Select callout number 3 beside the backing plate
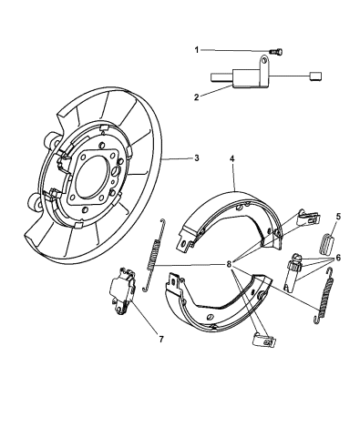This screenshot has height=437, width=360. [196, 158]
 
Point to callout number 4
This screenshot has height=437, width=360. [233, 158]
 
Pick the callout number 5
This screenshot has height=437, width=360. [338, 217]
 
